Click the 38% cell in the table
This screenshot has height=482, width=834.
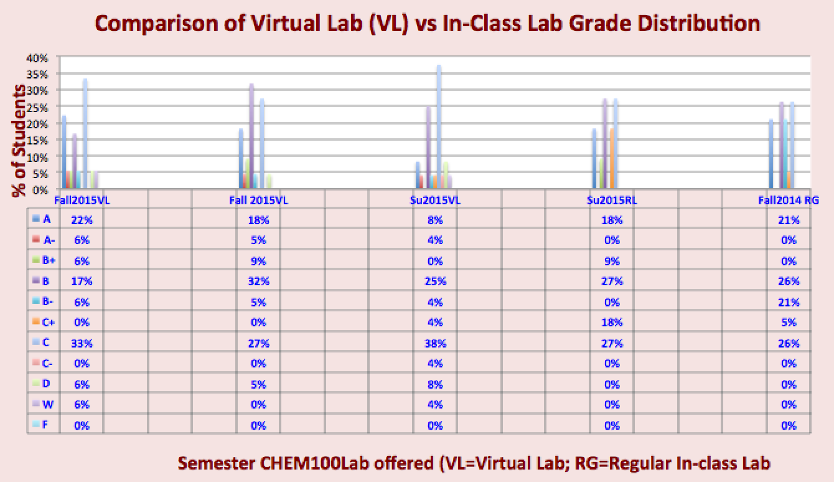pos(435,343)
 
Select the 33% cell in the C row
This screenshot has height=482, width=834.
pos(82,343)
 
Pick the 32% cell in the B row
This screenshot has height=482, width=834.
pos(258,281)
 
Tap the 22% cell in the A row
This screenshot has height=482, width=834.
pos(82,220)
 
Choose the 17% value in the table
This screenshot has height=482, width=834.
pos(82,281)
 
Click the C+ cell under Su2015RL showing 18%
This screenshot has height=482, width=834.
pos(612,323)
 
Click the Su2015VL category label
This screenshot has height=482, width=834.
pos(435,201)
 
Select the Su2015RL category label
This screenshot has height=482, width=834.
pos(612,201)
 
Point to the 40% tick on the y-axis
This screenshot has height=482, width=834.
pos(37,57)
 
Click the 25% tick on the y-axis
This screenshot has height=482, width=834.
pos(37,106)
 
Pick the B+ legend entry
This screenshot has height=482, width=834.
pos(47,262)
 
